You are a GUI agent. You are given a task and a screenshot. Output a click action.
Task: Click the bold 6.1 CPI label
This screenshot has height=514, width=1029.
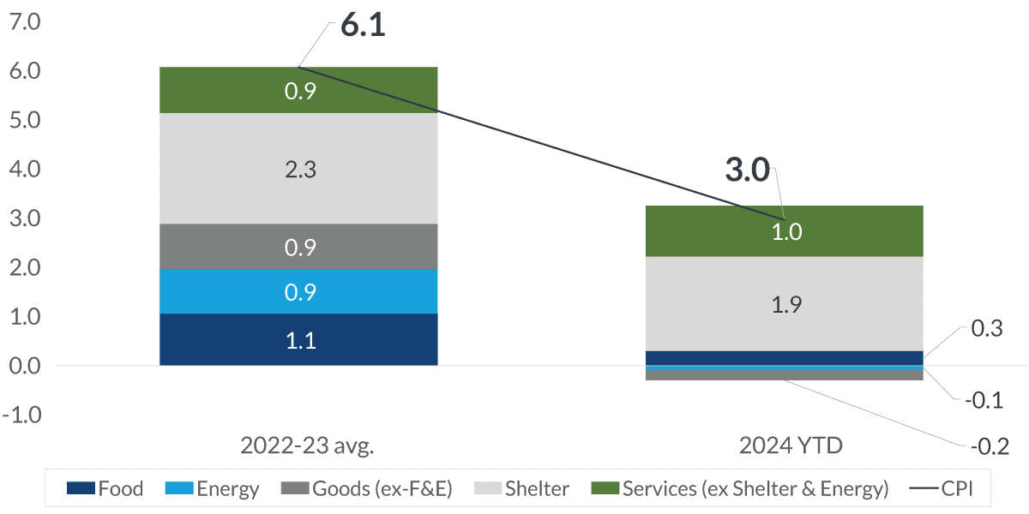[363, 26]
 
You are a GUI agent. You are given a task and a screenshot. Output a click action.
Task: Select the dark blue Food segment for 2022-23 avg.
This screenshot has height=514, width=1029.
[299, 340]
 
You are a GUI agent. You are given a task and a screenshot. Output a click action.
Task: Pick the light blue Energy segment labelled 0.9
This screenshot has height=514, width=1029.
[299, 292]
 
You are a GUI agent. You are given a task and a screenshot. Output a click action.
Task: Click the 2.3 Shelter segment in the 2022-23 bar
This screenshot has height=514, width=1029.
[299, 169]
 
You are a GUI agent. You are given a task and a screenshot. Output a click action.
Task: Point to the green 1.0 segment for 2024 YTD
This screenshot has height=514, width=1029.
[785, 231]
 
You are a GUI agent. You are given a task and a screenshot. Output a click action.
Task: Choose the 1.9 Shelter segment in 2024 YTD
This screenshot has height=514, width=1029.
[785, 304]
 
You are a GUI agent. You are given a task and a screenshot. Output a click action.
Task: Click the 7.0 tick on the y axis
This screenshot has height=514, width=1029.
[23, 22]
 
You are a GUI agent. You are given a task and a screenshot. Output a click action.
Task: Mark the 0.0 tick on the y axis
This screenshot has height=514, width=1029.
[23, 366]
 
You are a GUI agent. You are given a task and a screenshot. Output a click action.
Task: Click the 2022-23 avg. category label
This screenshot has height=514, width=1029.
[298, 446]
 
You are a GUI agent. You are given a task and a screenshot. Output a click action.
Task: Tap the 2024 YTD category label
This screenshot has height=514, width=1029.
[785, 446]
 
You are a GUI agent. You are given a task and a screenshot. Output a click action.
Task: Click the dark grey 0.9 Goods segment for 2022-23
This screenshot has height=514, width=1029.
[299, 248]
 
